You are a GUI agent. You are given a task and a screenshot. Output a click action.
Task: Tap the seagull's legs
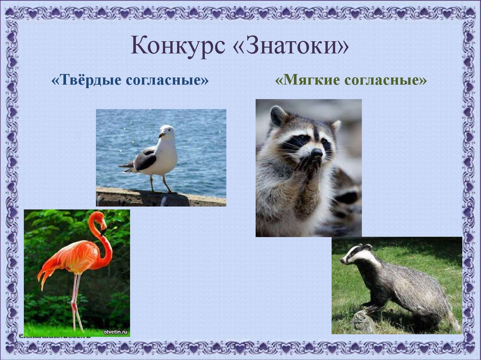[159, 184]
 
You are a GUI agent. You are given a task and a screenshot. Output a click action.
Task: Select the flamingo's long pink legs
[75, 300]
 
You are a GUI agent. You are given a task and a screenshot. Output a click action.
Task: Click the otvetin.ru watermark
[115, 332]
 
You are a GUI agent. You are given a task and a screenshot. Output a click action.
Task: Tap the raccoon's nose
[317, 153]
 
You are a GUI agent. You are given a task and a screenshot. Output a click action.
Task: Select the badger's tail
[453, 322]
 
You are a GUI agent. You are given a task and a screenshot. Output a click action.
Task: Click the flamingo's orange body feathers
[68, 258]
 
